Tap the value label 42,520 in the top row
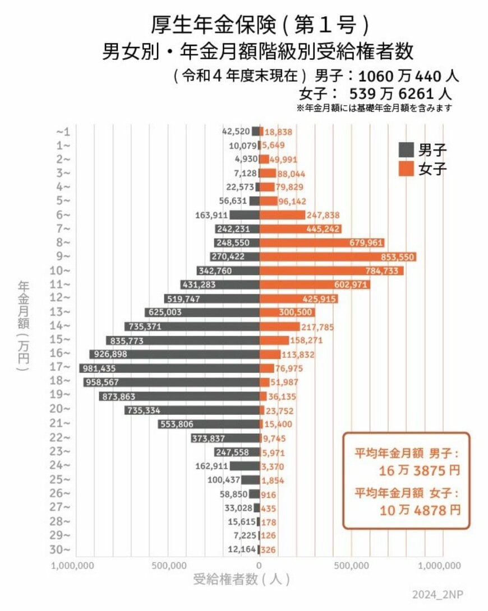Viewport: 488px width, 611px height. pos(236,132)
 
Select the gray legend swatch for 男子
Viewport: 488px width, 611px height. pos(406,150)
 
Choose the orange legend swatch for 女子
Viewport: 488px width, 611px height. pos(406,169)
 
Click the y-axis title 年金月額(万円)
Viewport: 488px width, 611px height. pos(23,325)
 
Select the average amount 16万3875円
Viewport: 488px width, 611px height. pos(419,470)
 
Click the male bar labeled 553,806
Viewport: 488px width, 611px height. pos(209,424)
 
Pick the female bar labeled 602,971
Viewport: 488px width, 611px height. pos(315,284)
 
